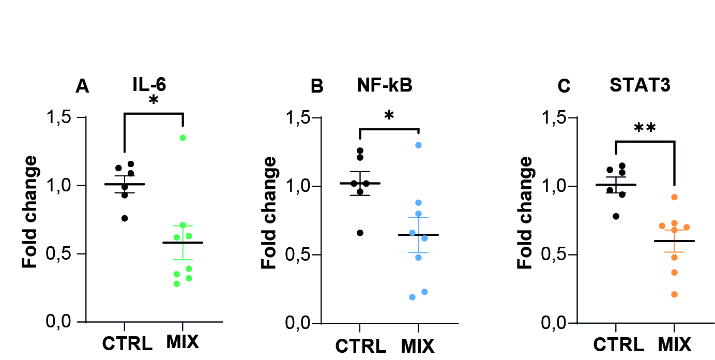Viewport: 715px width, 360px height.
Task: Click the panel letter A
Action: tap(82, 86)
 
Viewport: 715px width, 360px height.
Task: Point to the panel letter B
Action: tap(317, 86)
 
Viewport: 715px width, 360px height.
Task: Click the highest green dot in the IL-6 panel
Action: tap(182, 138)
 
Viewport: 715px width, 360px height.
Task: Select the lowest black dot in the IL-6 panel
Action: tap(125, 218)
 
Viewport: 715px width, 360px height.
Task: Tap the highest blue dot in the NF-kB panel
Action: tap(418, 145)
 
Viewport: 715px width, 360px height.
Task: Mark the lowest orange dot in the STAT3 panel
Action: tap(675, 294)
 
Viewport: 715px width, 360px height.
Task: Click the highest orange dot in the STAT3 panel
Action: tap(674, 197)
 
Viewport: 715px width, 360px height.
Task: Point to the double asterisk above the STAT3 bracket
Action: tap(646, 128)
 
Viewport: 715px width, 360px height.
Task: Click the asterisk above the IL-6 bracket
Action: tap(154, 100)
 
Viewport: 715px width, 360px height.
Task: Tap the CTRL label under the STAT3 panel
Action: tap(618, 344)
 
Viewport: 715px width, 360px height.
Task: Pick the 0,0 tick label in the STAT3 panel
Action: tap(556, 323)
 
